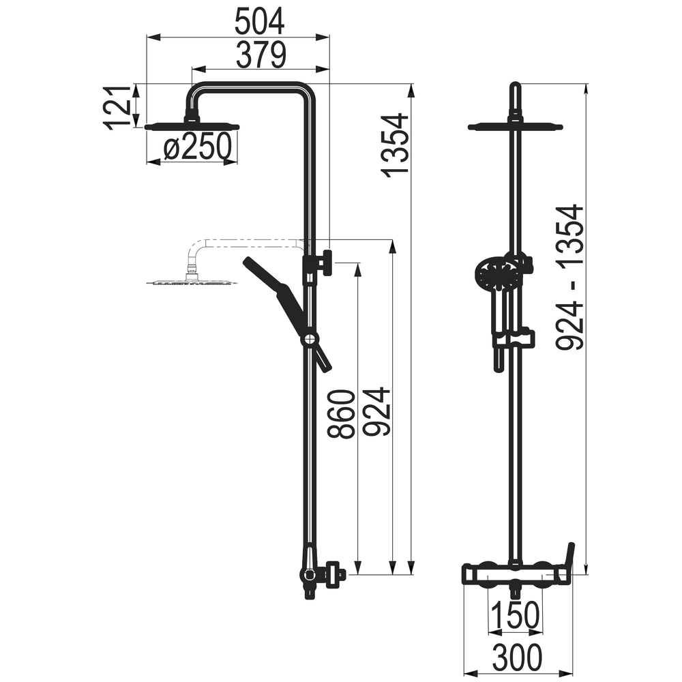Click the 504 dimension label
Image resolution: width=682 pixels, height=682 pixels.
pos(260,21)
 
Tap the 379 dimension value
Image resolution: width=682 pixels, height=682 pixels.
pos(261,55)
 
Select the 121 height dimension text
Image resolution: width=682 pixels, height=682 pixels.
pos(117,107)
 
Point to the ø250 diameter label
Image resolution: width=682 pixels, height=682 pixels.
pos(197,146)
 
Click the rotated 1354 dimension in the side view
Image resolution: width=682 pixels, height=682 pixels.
pos(395,145)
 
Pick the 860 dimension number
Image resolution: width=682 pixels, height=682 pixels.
pos(342,414)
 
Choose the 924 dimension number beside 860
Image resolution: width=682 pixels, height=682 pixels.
pos(376,411)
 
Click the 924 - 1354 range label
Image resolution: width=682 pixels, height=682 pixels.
pos(569,277)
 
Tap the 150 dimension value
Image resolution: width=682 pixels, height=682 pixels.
pos(515,615)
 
